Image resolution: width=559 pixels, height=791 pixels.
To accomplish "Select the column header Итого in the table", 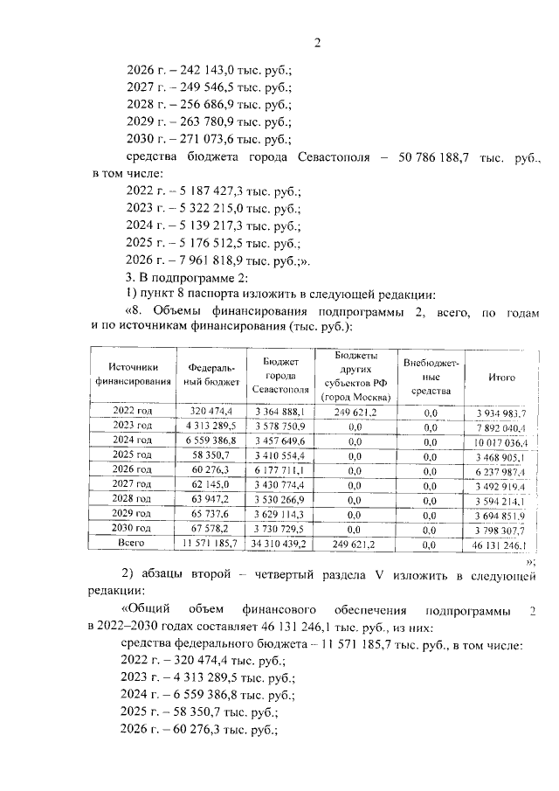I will click(x=501, y=377).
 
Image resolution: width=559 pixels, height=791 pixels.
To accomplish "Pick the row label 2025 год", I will click(x=133, y=455).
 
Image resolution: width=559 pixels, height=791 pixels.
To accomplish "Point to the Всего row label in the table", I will click(x=133, y=543).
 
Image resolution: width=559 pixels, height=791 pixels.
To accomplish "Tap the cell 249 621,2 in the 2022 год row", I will click(x=355, y=412).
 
